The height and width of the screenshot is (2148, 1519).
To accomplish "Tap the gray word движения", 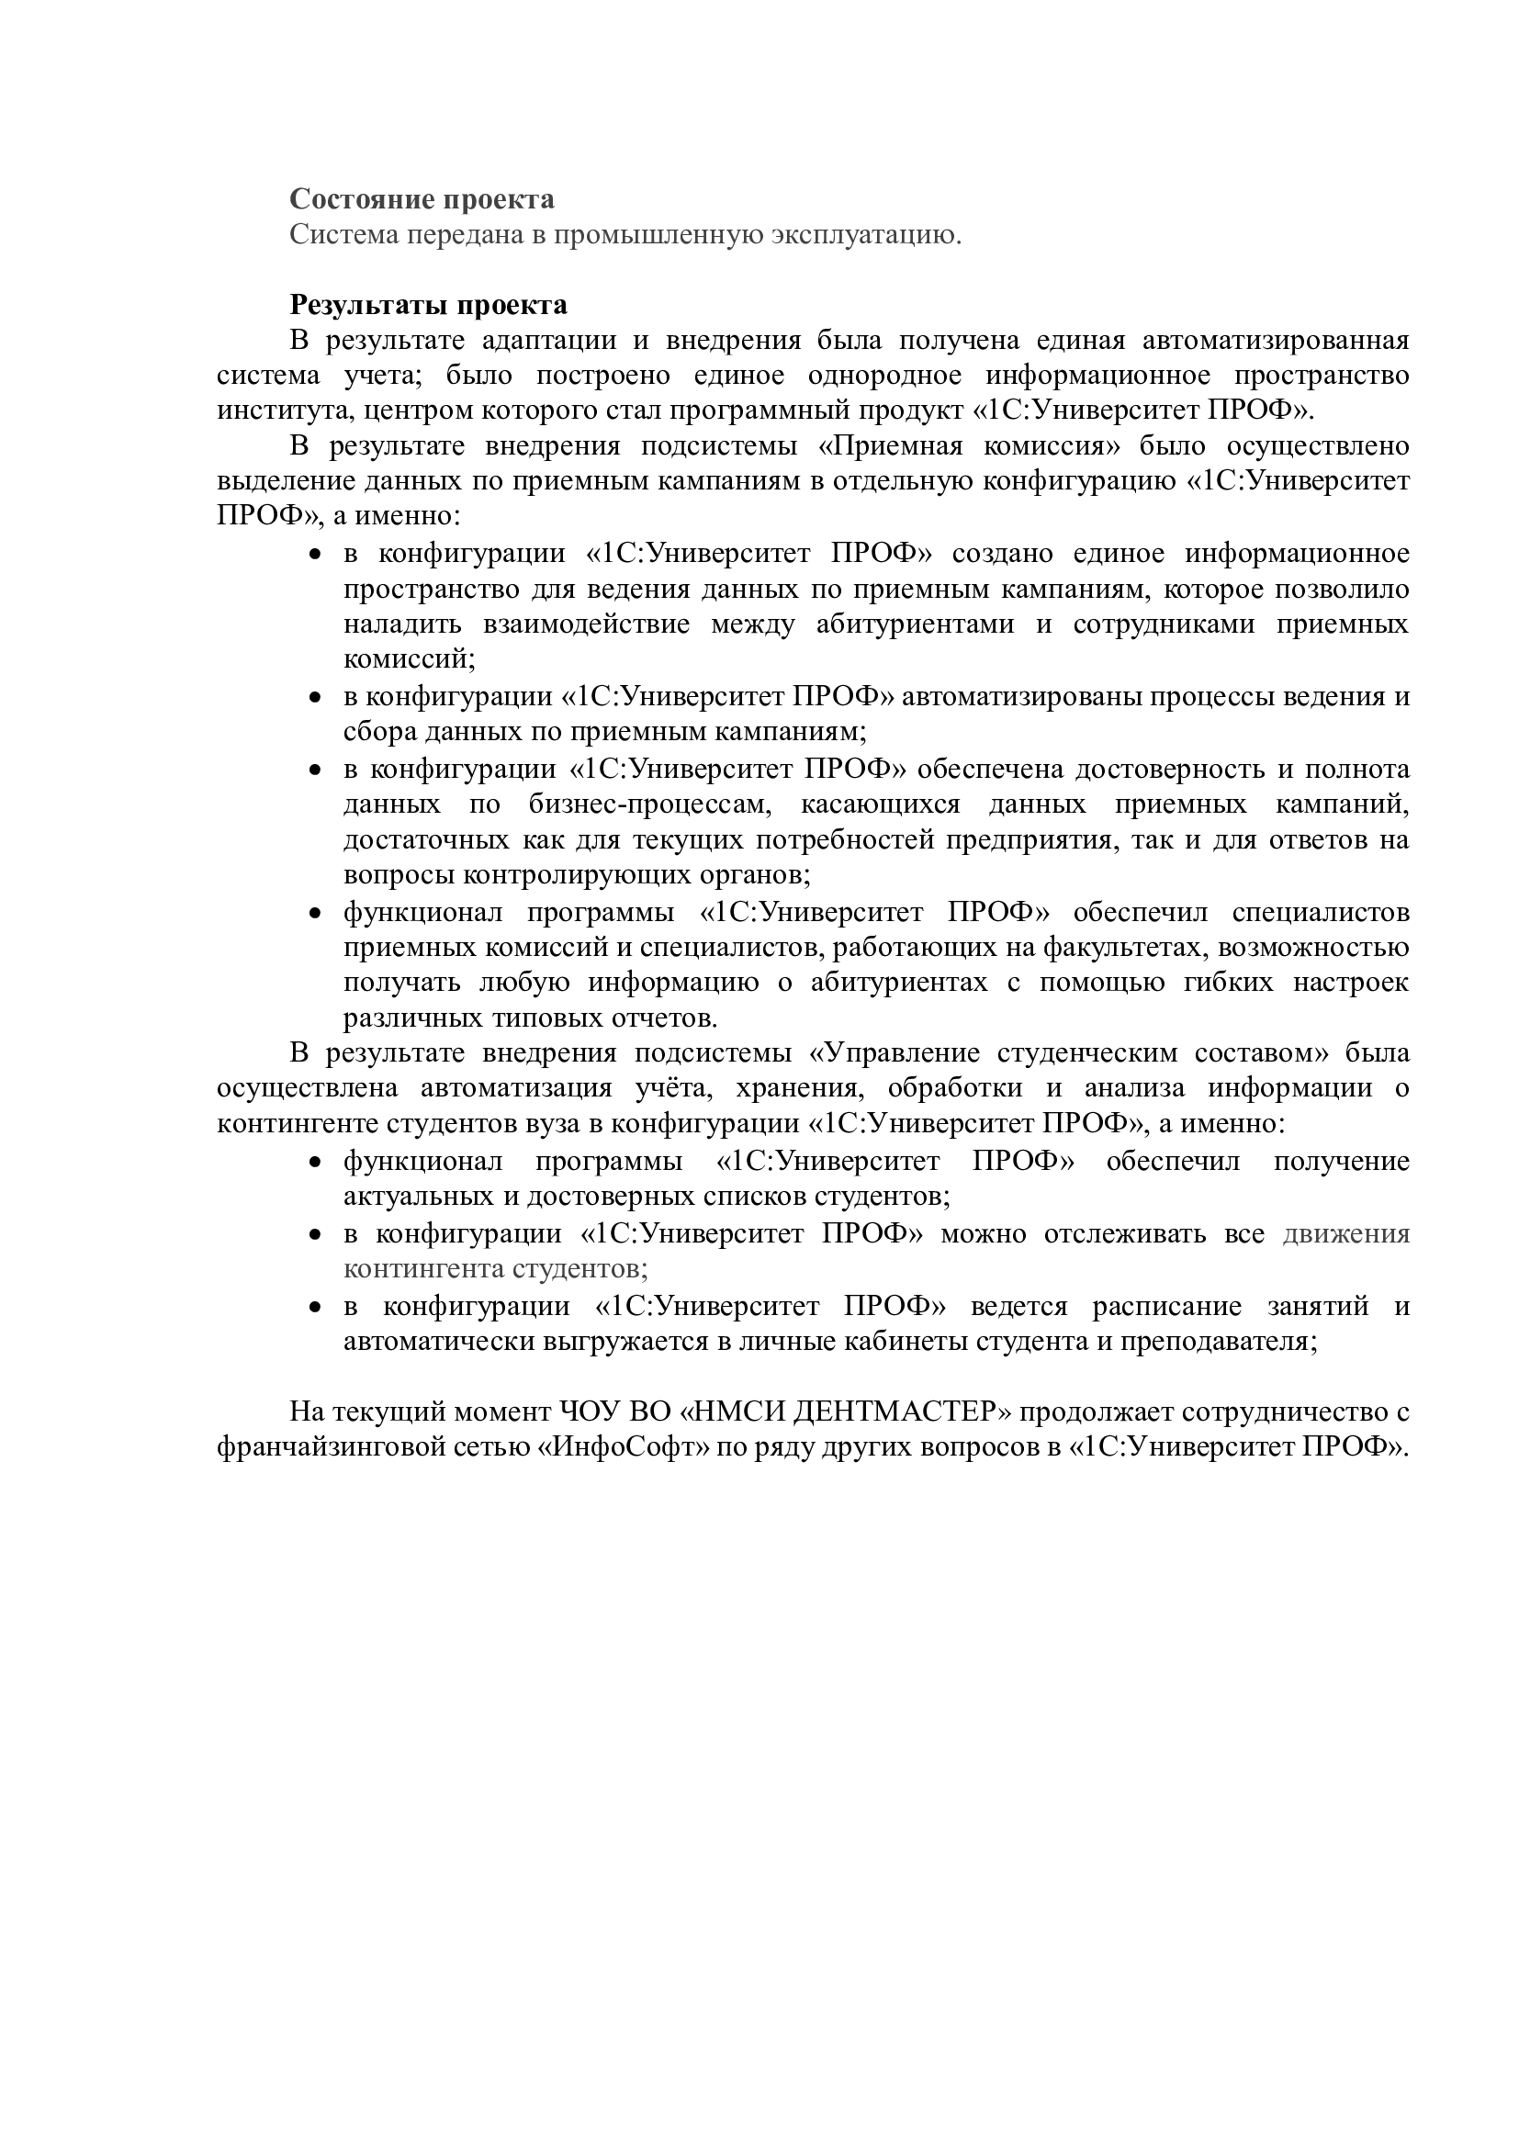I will tap(1346, 1234).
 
